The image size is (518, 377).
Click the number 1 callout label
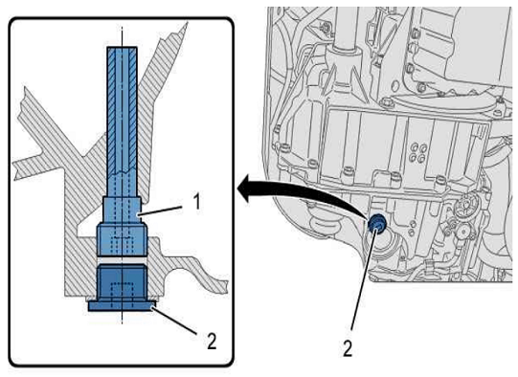click(197, 201)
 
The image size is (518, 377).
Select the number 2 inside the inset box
click(212, 341)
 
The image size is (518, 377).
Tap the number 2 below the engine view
click(348, 348)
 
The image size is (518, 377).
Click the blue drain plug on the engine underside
click(375, 225)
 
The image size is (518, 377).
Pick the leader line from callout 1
click(160, 211)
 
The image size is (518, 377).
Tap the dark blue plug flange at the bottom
click(122, 305)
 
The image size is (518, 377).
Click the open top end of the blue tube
click(122, 48)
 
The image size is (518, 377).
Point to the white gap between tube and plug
click(122, 260)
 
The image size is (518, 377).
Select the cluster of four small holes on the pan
click(417, 153)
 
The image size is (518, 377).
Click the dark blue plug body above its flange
click(122, 282)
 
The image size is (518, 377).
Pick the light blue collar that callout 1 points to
click(123, 210)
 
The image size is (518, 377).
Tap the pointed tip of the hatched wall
click(187, 23)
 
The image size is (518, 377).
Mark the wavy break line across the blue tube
click(122, 172)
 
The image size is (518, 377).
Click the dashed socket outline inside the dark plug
click(122, 291)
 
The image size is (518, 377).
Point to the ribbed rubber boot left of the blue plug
click(325, 224)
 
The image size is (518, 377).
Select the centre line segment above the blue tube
click(122, 36)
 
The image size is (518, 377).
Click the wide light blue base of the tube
click(122, 239)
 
